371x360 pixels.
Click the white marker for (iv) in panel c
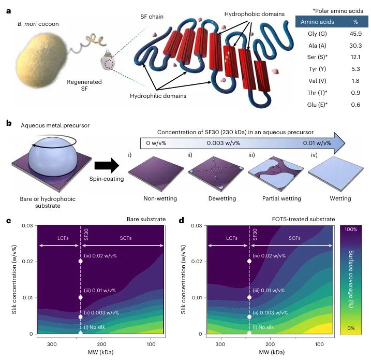(80, 261)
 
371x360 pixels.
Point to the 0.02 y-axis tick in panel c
(28, 262)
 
